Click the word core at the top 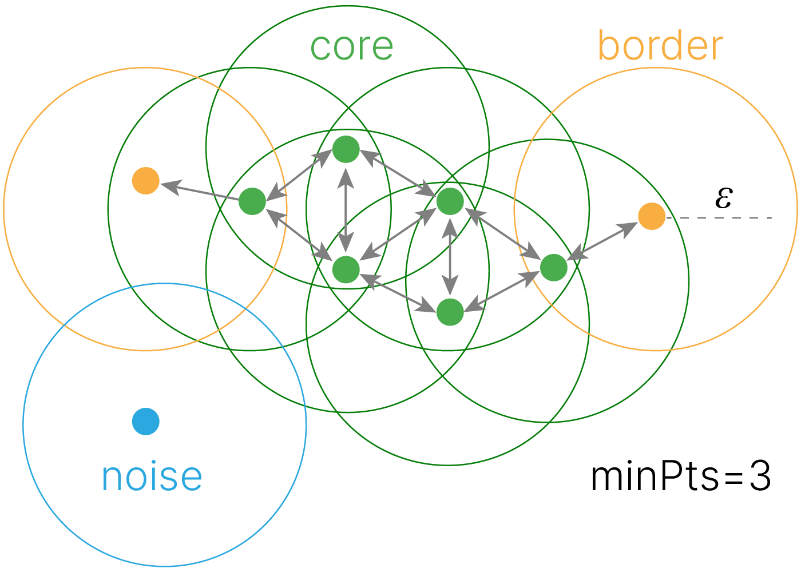pos(351,47)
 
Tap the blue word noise pos(152,476)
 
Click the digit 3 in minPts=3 pos(760,476)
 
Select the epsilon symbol pos(723,198)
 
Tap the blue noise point pos(146,422)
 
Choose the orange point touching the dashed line pos(652,217)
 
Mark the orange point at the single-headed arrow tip pos(146,181)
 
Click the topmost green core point pos(346,149)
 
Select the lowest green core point pos(450,312)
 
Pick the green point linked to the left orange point pos(252,201)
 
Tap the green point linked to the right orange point pos(553,267)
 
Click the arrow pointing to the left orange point pos(200,191)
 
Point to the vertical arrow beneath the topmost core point pos(346,209)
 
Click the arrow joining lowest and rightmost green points pos(502,290)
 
